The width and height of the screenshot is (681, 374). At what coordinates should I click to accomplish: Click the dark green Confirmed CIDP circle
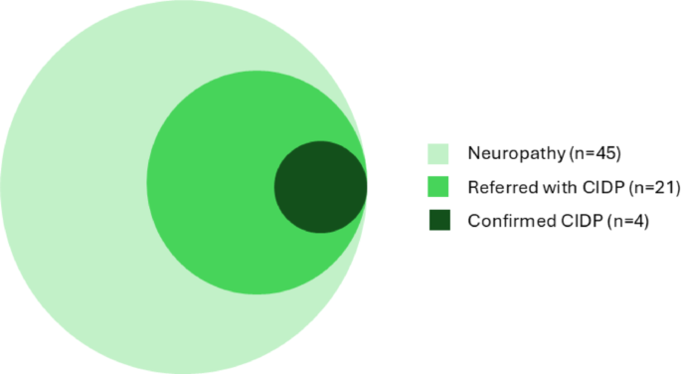(320, 187)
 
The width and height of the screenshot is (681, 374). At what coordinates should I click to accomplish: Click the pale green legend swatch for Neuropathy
(438, 153)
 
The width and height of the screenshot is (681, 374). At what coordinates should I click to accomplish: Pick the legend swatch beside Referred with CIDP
(438, 187)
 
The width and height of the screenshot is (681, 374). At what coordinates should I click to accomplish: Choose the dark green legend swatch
(438, 221)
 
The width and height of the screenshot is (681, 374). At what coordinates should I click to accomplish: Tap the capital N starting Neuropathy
(472, 154)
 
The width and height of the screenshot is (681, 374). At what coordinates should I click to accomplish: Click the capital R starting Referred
(472, 188)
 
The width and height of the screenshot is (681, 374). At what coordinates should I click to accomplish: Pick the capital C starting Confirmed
(472, 222)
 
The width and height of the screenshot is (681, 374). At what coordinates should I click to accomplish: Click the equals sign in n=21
(637, 188)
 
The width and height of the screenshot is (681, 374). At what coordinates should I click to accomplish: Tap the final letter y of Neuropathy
(559, 156)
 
